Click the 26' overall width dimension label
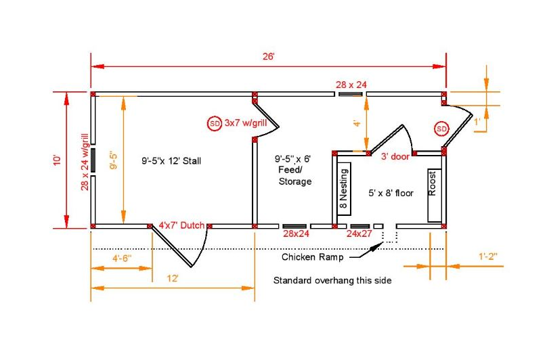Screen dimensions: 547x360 coord(269,56)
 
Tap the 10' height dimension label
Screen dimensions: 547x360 coord(57,160)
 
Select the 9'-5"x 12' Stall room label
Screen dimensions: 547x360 coord(171,161)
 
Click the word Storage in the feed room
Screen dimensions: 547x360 coord(295,182)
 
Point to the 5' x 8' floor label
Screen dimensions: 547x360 coord(391,193)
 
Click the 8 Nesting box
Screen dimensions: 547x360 coord(345,189)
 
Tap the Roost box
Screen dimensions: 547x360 coord(435,196)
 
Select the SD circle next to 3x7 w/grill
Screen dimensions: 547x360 coord(215,123)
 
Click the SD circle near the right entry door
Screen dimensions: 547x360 coord(441,129)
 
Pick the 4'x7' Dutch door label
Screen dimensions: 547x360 coord(181,225)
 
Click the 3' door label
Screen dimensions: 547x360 coord(395,156)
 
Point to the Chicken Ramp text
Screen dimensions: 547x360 coord(312,257)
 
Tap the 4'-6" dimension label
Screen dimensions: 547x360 coord(122,258)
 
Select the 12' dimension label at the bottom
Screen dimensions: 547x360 coord(173,278)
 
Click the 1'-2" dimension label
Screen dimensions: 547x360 coord(488,256)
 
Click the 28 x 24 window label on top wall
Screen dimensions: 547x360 coord(351,85)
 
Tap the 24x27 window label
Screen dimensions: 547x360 coord(359,233)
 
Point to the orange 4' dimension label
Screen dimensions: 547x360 coord(357,123)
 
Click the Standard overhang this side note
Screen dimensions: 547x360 coord(332,280)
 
